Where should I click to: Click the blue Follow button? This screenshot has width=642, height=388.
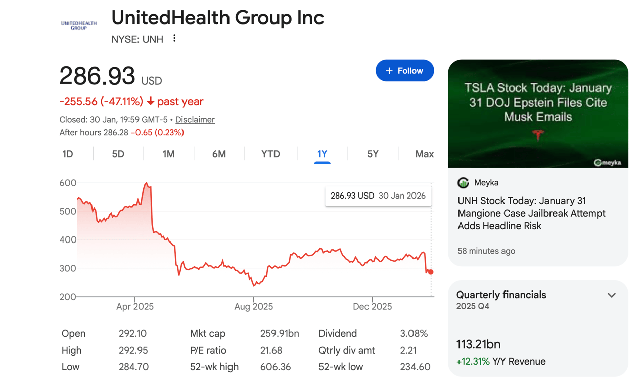404,71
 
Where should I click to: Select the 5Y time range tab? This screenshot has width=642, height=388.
373,154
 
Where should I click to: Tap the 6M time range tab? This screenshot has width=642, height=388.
219,154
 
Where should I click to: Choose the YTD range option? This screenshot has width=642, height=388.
270,154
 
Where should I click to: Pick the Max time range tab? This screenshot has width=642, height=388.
424,154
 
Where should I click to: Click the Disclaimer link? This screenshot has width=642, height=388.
195,120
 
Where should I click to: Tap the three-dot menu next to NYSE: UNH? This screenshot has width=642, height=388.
174,38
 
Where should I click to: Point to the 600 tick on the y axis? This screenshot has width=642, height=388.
68,183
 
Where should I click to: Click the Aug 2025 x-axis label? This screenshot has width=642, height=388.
254,307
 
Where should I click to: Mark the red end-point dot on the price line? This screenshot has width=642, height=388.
431,272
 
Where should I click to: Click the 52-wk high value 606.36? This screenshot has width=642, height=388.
276,367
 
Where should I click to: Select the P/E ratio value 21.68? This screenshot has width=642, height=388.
271,350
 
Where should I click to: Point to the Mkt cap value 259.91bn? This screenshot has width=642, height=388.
280,334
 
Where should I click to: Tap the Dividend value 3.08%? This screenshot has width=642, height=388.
414,334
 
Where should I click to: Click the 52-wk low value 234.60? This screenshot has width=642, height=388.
415,367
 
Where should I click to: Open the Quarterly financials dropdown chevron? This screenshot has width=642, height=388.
612,295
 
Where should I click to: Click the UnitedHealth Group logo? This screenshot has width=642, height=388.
78,25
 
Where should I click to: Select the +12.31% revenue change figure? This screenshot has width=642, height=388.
473,362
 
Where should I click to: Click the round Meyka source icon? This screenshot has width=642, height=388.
463,183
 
